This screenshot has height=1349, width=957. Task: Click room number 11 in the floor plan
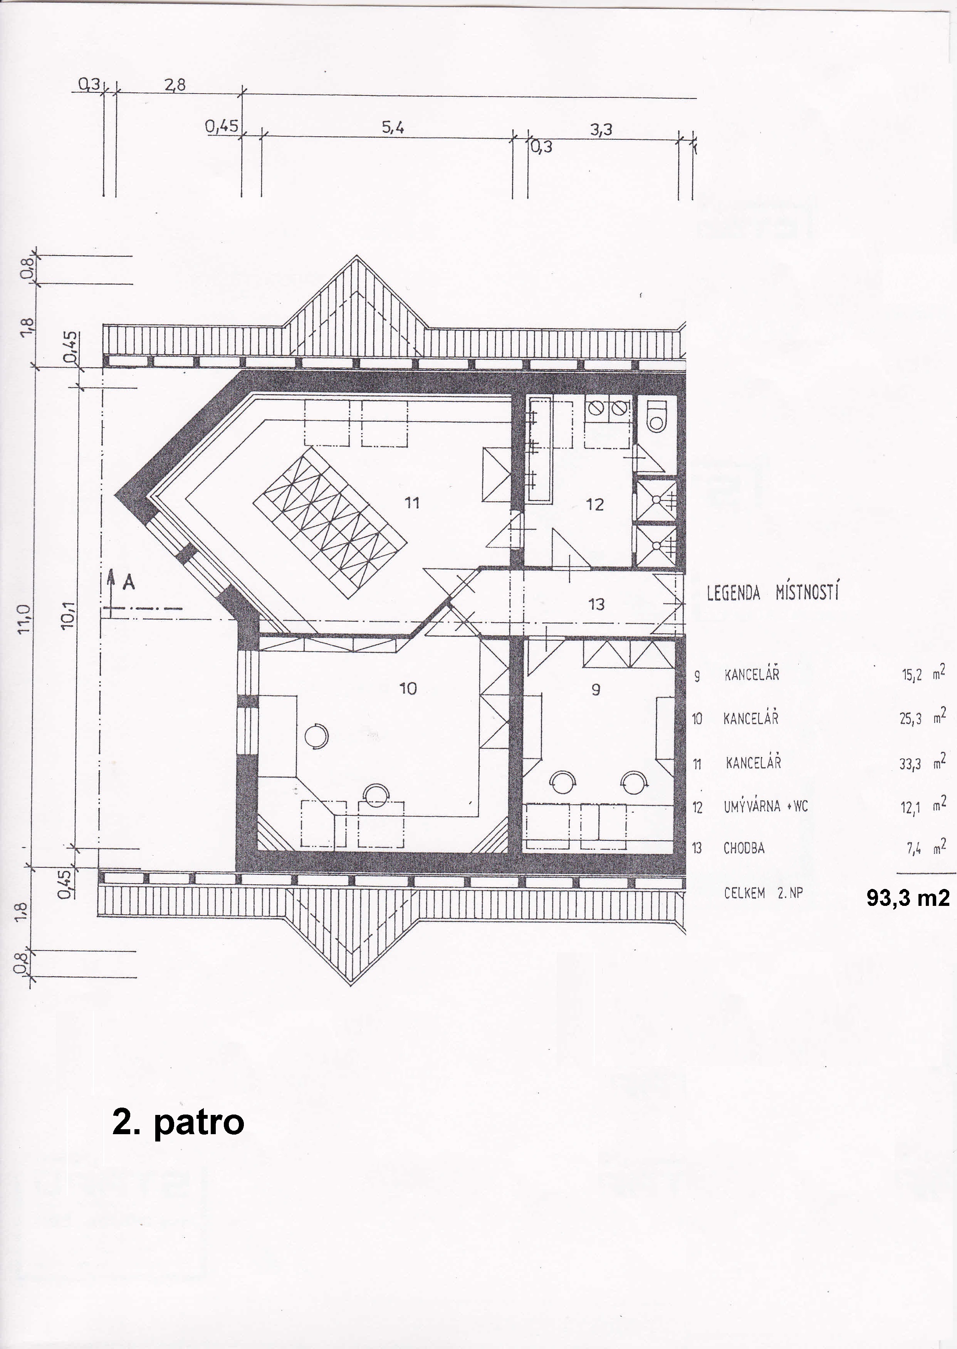coord(412,502)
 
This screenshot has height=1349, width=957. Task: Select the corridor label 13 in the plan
coord(596,604)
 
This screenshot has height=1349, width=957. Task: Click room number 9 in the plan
coord(596,689)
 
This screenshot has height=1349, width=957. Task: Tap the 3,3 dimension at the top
coord(601,129)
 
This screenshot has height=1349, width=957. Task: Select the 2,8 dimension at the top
coord(175,85)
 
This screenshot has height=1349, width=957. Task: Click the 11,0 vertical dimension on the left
coord(24,619)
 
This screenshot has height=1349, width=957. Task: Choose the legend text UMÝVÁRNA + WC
coord(766,806)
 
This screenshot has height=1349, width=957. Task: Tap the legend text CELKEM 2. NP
coord(764,893)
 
